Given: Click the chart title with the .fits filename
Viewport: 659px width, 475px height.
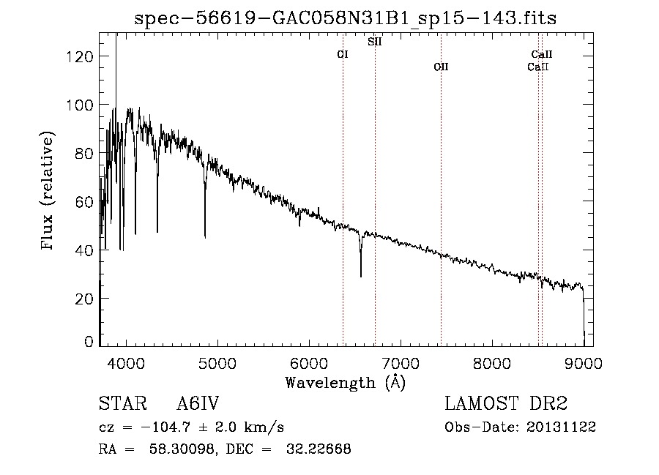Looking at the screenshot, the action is click(345, 18).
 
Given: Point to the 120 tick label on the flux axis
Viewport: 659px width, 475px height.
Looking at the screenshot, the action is click(79, 56).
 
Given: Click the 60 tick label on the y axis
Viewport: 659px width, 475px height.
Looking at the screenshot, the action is click(84, 201).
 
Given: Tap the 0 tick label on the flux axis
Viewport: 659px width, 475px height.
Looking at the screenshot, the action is click(89, 342).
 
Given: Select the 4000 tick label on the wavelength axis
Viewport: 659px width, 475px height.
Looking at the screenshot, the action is click(126, 363).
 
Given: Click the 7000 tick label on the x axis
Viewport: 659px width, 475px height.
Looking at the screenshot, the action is click(401, 363).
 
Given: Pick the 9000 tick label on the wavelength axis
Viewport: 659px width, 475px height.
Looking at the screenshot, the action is click(584, 363).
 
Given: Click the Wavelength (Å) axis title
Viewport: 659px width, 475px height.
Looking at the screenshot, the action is click(346, 383).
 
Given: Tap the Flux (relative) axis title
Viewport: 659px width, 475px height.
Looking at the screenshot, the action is click(47, 190).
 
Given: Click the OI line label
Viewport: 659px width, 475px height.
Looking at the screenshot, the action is click(343, 54).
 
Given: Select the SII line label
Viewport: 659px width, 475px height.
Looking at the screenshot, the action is click(374, 42).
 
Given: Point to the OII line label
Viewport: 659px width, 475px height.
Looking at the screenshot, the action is click(441, 67).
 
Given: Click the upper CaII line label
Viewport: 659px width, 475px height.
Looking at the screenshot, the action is click(541, 54).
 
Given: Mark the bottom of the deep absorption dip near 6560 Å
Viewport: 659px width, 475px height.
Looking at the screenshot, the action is click(360, 277).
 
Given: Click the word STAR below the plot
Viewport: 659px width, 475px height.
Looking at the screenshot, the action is click(123, 403).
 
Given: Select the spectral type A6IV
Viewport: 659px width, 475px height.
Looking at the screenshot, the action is click(198, 403).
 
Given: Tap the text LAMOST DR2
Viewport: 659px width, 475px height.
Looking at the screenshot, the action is click(506, 403).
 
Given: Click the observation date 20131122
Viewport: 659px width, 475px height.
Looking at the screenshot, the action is click(562, 427).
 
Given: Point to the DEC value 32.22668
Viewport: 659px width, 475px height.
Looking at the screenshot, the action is click(319, 449).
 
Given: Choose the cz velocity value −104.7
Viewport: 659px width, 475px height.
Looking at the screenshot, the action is click(166, 427).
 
